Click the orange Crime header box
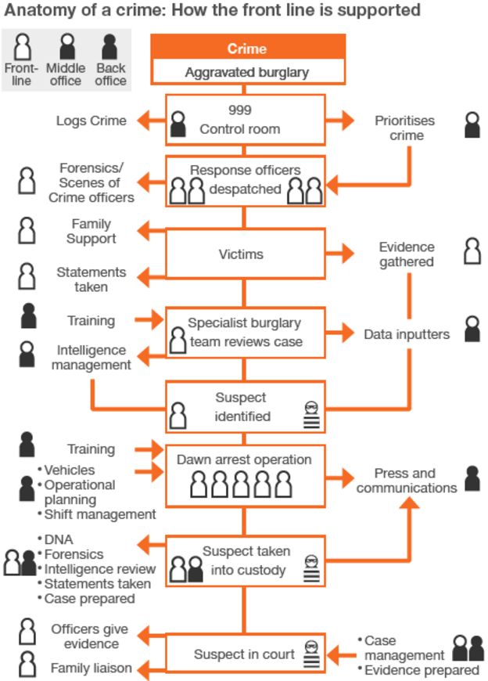246,49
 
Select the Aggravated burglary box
246,73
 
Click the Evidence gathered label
407,254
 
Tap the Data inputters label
407,334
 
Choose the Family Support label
91,231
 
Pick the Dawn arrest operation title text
244,460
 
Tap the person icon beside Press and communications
472,478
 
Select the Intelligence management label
91,357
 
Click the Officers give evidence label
89,636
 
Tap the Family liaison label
91,668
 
